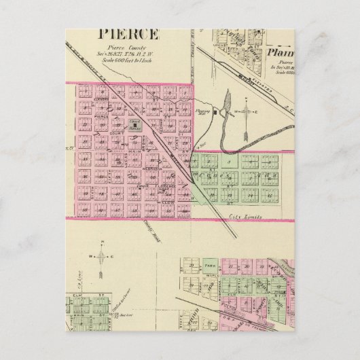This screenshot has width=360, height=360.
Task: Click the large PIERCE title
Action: [130, 34]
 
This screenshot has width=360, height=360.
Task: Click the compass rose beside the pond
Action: [248, 111]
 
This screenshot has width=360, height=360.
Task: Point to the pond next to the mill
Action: [225, 109]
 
